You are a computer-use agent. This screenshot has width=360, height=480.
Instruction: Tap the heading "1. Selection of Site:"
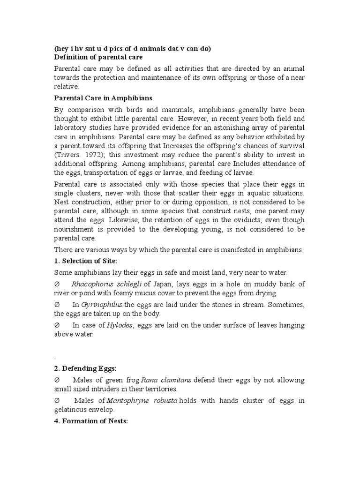point(86,261)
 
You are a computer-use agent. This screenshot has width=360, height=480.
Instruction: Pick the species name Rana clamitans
point(155,379)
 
